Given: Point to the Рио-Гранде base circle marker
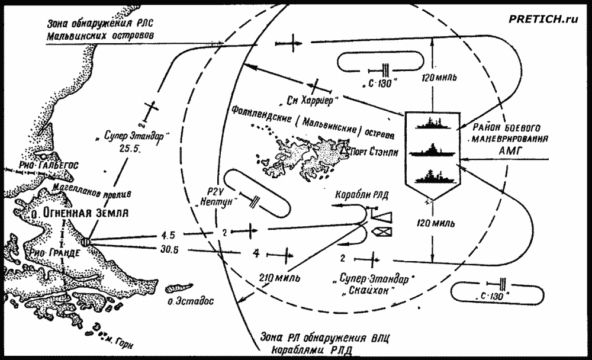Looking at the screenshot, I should coord(86,242).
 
